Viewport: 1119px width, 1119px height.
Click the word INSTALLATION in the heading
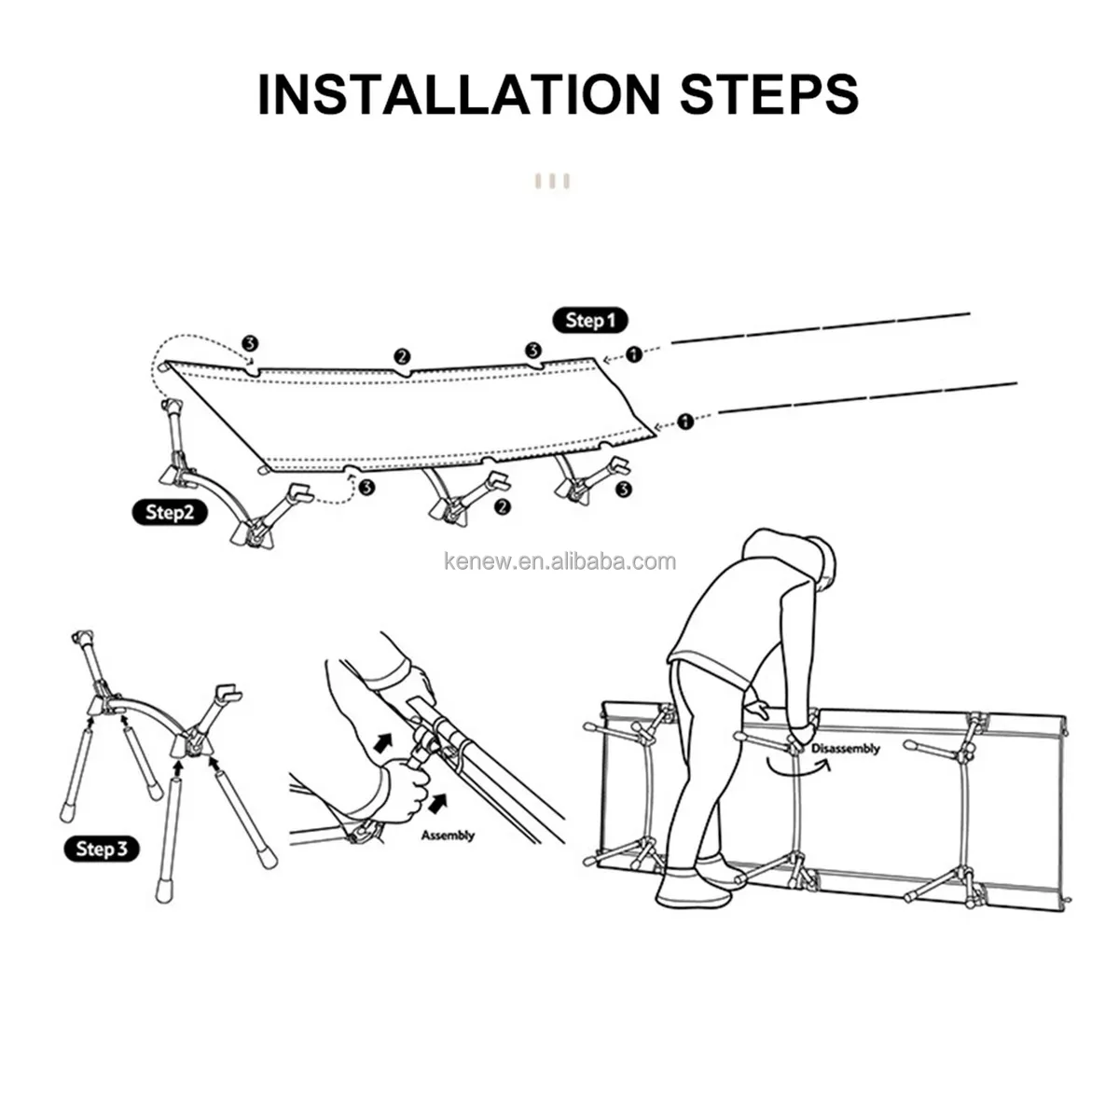pyautogui.click(x=459, y=94)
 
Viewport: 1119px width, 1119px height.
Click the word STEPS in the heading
pyautogui.click(x=768, y=94)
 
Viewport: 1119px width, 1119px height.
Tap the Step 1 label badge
pyautogui.click(x=589, y=320)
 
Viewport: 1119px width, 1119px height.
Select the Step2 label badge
pyautogui.click(x=169, y=512)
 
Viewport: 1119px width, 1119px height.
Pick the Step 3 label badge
pyautogui.click(x=101, y=849)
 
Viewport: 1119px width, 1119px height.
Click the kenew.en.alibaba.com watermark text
pyautogui.click(x=559, y=561)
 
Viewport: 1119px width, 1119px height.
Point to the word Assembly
pyautogui.click(x=448, y=836)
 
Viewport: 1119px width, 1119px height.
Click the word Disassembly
pyautogui.click(x=846, y=749)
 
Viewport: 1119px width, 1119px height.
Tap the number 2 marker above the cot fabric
pyautogui.click(x=402, y=356)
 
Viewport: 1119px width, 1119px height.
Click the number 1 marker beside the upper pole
pyautogui.click(x=634, y=353)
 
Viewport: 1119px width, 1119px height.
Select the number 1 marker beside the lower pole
pyautogui.click(x=685, y=421)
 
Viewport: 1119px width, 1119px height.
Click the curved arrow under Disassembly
pyautogui.click(x=799, y=767)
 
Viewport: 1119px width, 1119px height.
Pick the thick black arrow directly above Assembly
pyautogui.click(x=439, y=803)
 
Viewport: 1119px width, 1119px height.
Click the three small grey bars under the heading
pyautogui.click(x=552, y=182)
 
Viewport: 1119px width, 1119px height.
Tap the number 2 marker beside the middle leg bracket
pyautogui.click(x=503, y=507)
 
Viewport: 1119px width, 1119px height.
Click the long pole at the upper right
pyautogui.click(x=821, y=328)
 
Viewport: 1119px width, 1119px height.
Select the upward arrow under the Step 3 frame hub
pyautogui.click(x=178, y=768)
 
